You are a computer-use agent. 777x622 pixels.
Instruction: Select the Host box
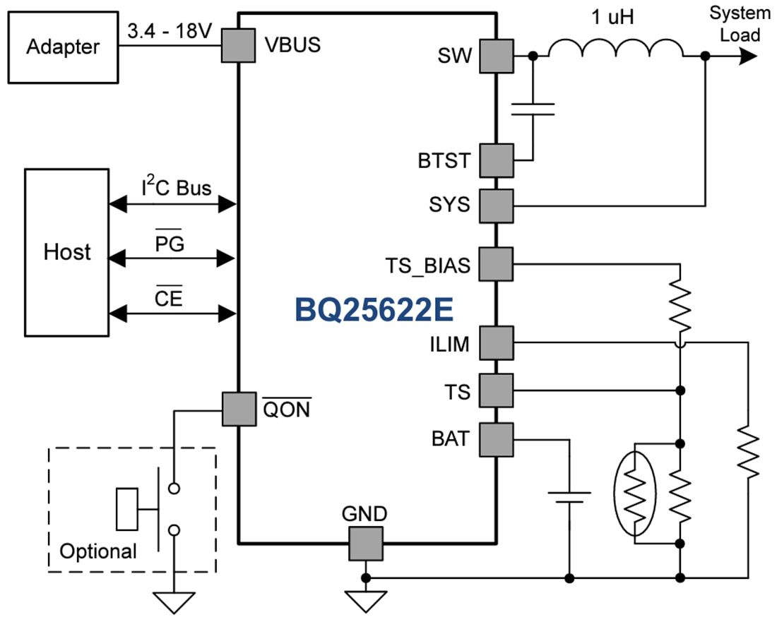coord(67,252)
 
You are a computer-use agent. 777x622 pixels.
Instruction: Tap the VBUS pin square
coord(239,46)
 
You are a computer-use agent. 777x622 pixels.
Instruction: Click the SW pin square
coord(497,56)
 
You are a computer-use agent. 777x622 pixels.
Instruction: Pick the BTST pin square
coord(497,160)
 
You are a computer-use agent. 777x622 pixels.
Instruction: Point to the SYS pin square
coord(497,205)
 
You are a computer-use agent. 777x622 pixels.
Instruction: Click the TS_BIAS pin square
coord(497,264)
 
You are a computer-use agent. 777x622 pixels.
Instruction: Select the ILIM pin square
coord(497,343)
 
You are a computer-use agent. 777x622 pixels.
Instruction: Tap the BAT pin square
coord(497,439)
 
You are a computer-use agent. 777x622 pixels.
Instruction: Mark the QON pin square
coord(239,409)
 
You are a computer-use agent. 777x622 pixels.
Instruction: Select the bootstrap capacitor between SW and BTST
coord(533,108)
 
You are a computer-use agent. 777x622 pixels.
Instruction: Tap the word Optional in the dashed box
coord(98,551)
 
